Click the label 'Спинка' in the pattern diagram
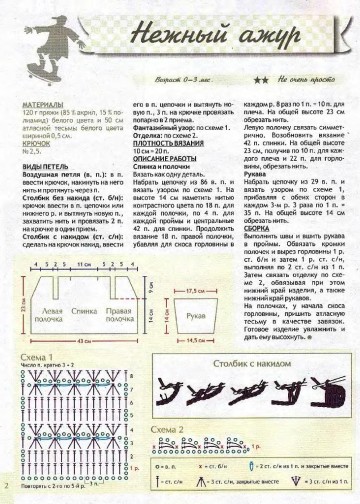88,313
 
